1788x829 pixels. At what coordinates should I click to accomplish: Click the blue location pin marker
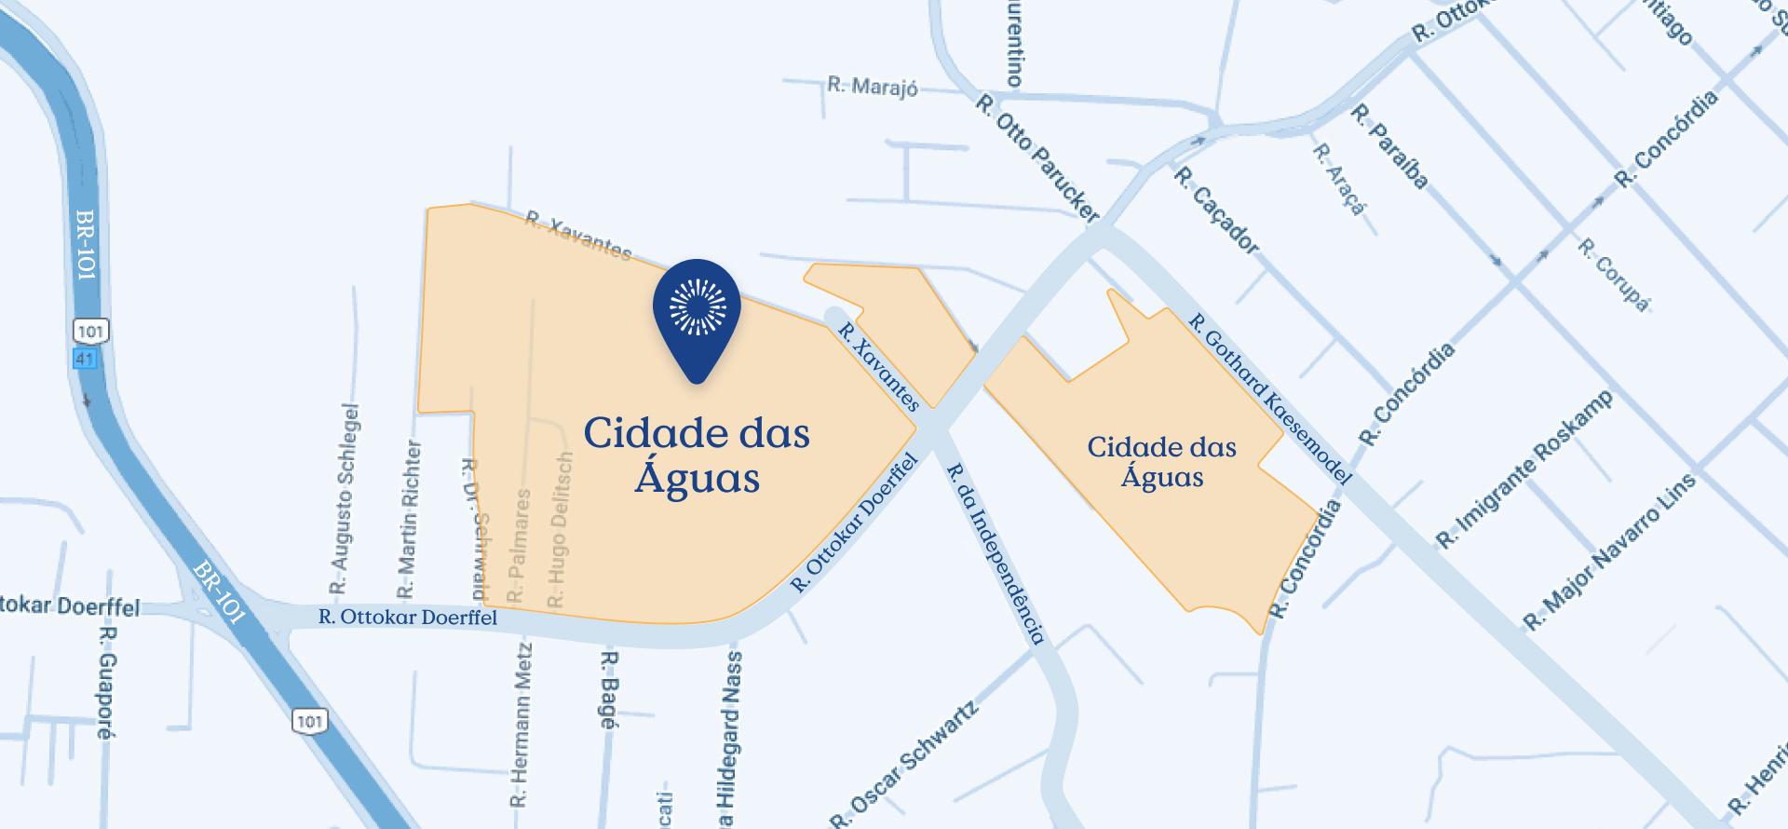[697, 312]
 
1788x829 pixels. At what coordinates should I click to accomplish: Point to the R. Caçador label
[1216, 211]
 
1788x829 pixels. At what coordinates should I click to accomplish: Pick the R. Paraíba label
[1389, 146]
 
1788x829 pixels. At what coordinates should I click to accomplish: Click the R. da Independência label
[996, 553]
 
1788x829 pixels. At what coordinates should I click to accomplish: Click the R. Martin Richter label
[410, 520]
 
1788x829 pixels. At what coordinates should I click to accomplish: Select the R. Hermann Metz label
[521, 724]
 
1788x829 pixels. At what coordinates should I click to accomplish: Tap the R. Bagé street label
[608, 689]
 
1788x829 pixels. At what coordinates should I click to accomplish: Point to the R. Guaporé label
[104, 683]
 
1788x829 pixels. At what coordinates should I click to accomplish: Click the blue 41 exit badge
[85, 359]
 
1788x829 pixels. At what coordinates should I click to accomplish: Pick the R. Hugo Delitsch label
[560, 530]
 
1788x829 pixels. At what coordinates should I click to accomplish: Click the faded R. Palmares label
[519, 545]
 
